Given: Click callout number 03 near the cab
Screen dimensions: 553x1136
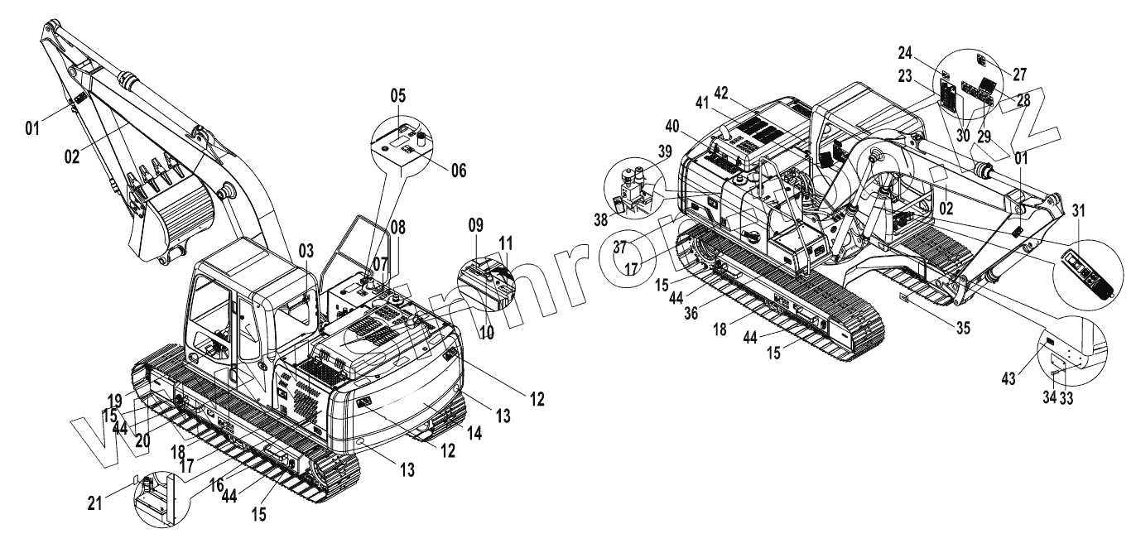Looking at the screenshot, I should coord(306,249).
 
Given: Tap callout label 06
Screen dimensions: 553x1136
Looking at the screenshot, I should coord(457,171).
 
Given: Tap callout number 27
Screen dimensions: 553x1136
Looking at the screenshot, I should coord(1020,72).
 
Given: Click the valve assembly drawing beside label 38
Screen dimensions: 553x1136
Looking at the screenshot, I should coord(634,191).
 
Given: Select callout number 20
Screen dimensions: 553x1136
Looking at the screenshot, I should coord(142,441).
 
